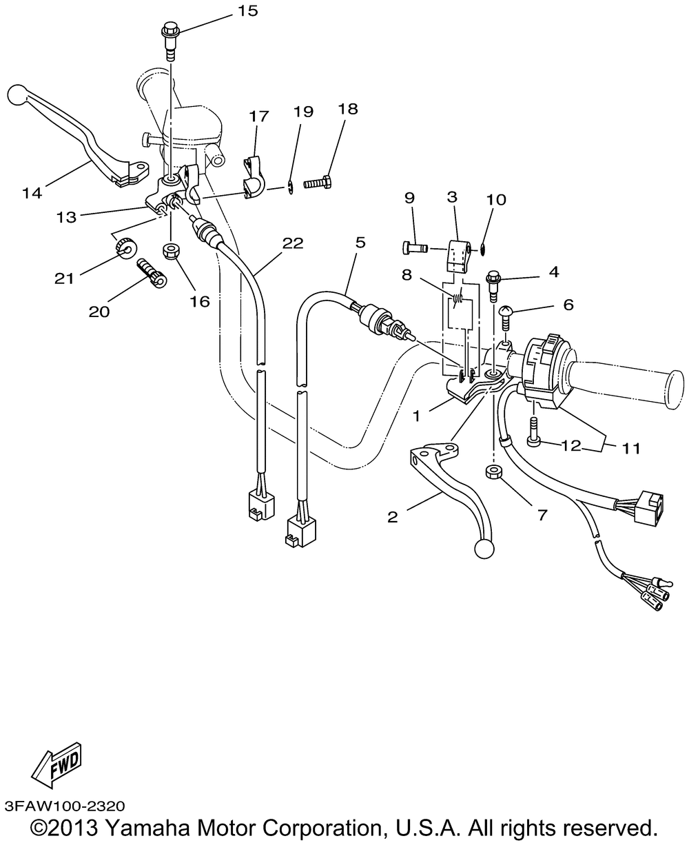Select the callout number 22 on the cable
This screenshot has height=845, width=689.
coord(292,243)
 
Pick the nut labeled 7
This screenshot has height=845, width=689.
coord(493,472)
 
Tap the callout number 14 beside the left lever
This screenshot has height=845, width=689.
coord(32,194)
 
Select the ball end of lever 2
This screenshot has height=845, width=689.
coord(483,548)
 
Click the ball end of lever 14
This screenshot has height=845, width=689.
coord(19,93)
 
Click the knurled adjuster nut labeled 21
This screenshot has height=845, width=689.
coord(125,246)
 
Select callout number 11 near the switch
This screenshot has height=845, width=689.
coord(631,449)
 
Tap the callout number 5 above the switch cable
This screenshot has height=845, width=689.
coord(360,243)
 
